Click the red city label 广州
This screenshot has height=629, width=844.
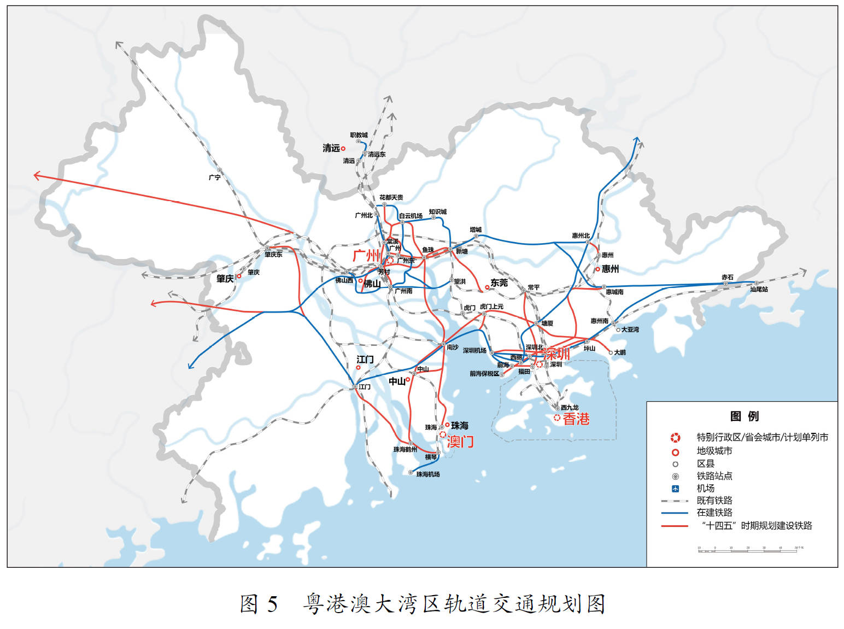(x=366, y=255)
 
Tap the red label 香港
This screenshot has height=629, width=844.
(x=576, y=419)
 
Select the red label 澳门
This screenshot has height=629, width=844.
(x=460, y=442)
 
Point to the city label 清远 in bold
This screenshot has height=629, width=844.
(x=331, y=148)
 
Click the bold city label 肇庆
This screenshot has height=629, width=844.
(x=225, y=279)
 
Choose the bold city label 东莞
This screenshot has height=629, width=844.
(x=499, y=283)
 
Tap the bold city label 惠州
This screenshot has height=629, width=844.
(x=610, y=269)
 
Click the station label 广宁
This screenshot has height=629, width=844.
(x=215, y=178)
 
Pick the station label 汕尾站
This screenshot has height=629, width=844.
(x=759, y=289)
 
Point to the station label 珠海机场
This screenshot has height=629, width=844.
(x=428, y=474)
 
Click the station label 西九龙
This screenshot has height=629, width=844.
(x=570, y=408)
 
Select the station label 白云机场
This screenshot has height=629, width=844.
(x=411, y=216)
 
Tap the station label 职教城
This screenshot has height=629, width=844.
(x=359, y=135)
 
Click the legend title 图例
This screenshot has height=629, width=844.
(x=744, y=416)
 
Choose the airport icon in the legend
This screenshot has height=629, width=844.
(x=675, y=489)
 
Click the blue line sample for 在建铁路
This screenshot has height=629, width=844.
(x=675, y=513)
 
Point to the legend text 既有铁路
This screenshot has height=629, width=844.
(x=714, y=501)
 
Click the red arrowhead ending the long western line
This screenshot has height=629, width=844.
(x=37, y=175)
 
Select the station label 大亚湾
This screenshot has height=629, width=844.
(x=630, y=330)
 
